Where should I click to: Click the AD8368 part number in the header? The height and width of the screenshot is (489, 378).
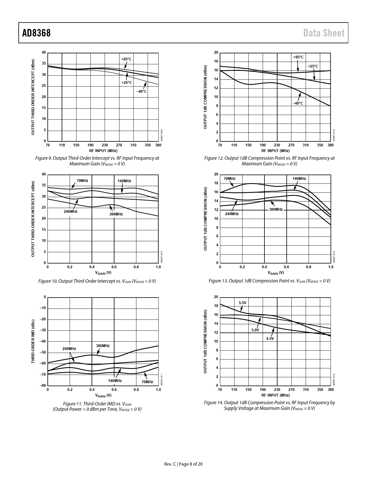36,33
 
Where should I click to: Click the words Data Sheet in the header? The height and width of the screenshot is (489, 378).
324,33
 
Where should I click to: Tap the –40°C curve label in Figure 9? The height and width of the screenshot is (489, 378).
142,91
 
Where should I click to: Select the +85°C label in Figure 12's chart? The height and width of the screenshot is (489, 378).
298,57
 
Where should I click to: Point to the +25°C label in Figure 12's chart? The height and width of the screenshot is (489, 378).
313,66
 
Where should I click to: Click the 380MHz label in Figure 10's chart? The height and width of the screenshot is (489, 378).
116,214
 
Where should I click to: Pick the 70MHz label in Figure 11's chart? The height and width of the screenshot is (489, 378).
147,382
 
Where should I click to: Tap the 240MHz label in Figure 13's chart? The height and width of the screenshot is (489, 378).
232,214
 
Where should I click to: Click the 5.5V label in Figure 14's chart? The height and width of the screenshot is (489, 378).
243,303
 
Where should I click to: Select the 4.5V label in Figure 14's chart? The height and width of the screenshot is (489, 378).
270,338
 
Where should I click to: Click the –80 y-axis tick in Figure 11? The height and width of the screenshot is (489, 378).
43,386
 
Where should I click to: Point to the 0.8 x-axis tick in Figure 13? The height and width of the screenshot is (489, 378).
309,267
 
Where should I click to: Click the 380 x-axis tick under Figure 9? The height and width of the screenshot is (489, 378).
158,145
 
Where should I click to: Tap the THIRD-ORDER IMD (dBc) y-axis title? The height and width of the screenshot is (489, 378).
33,341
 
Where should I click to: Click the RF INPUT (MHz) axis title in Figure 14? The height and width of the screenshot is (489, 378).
275,395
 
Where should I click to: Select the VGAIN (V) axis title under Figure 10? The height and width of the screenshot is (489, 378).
103,273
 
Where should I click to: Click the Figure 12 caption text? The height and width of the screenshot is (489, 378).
269,161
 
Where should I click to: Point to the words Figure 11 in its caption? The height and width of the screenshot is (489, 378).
73,404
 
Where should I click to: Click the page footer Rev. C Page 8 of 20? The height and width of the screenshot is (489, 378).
184,464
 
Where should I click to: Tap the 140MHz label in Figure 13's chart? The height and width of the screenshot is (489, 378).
299,178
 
